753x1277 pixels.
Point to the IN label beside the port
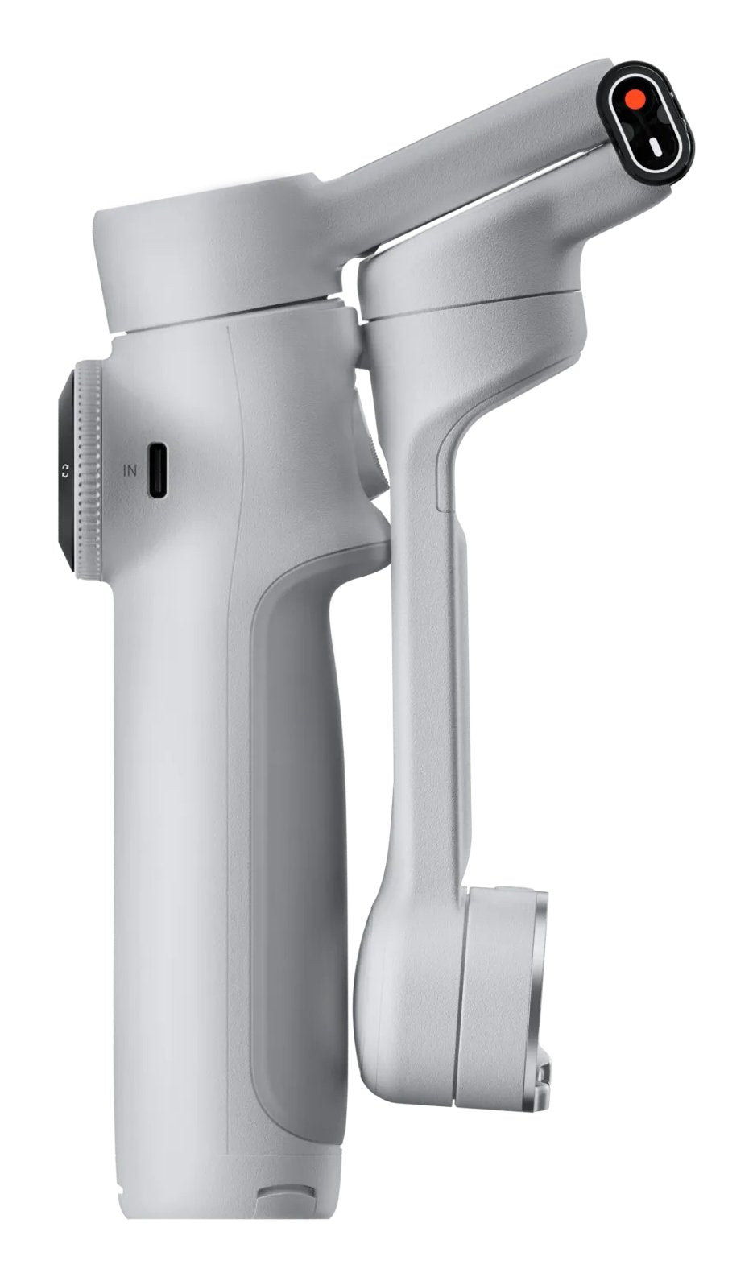[x=130, y=470]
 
